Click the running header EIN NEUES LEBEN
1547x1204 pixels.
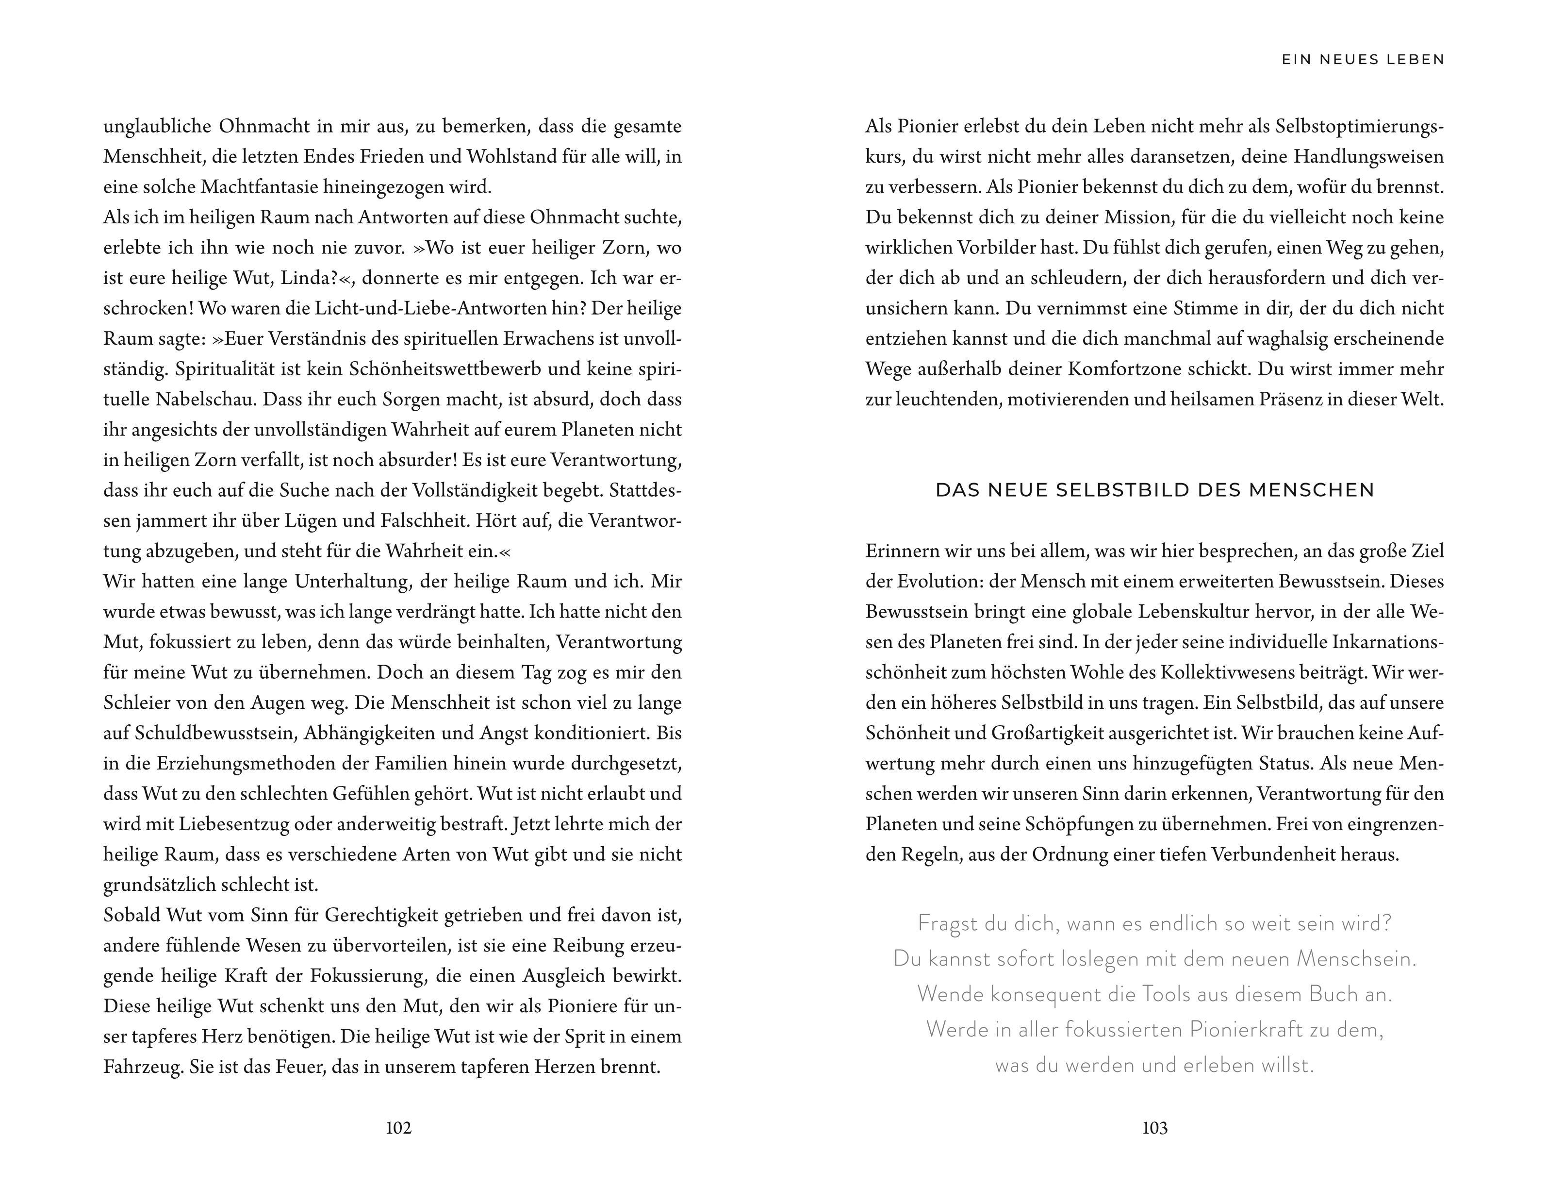click(1363, 60)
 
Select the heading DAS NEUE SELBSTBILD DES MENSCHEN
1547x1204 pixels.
click(1154, 490)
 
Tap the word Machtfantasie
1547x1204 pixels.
click(259, 187)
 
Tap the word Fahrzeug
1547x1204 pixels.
click(142, 1067)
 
